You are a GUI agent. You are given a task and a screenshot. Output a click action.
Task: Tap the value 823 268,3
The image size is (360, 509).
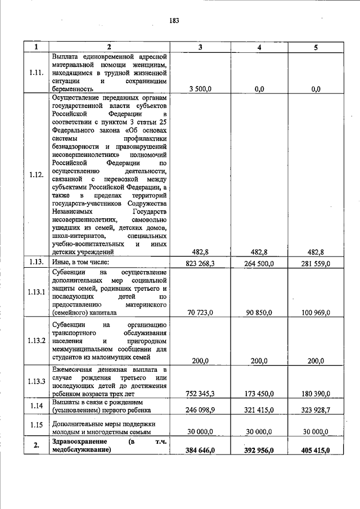click(x=200, y=263)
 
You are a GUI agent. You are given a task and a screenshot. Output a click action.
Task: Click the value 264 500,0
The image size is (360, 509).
click(x=258, y=263)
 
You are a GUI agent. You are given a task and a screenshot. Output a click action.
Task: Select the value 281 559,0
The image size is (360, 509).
click(x=316, y=263)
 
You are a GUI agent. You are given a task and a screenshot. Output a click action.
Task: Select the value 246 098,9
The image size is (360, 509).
click(x=200, y=411)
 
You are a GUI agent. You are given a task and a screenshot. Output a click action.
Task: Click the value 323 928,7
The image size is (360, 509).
click(x=316, y=411)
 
